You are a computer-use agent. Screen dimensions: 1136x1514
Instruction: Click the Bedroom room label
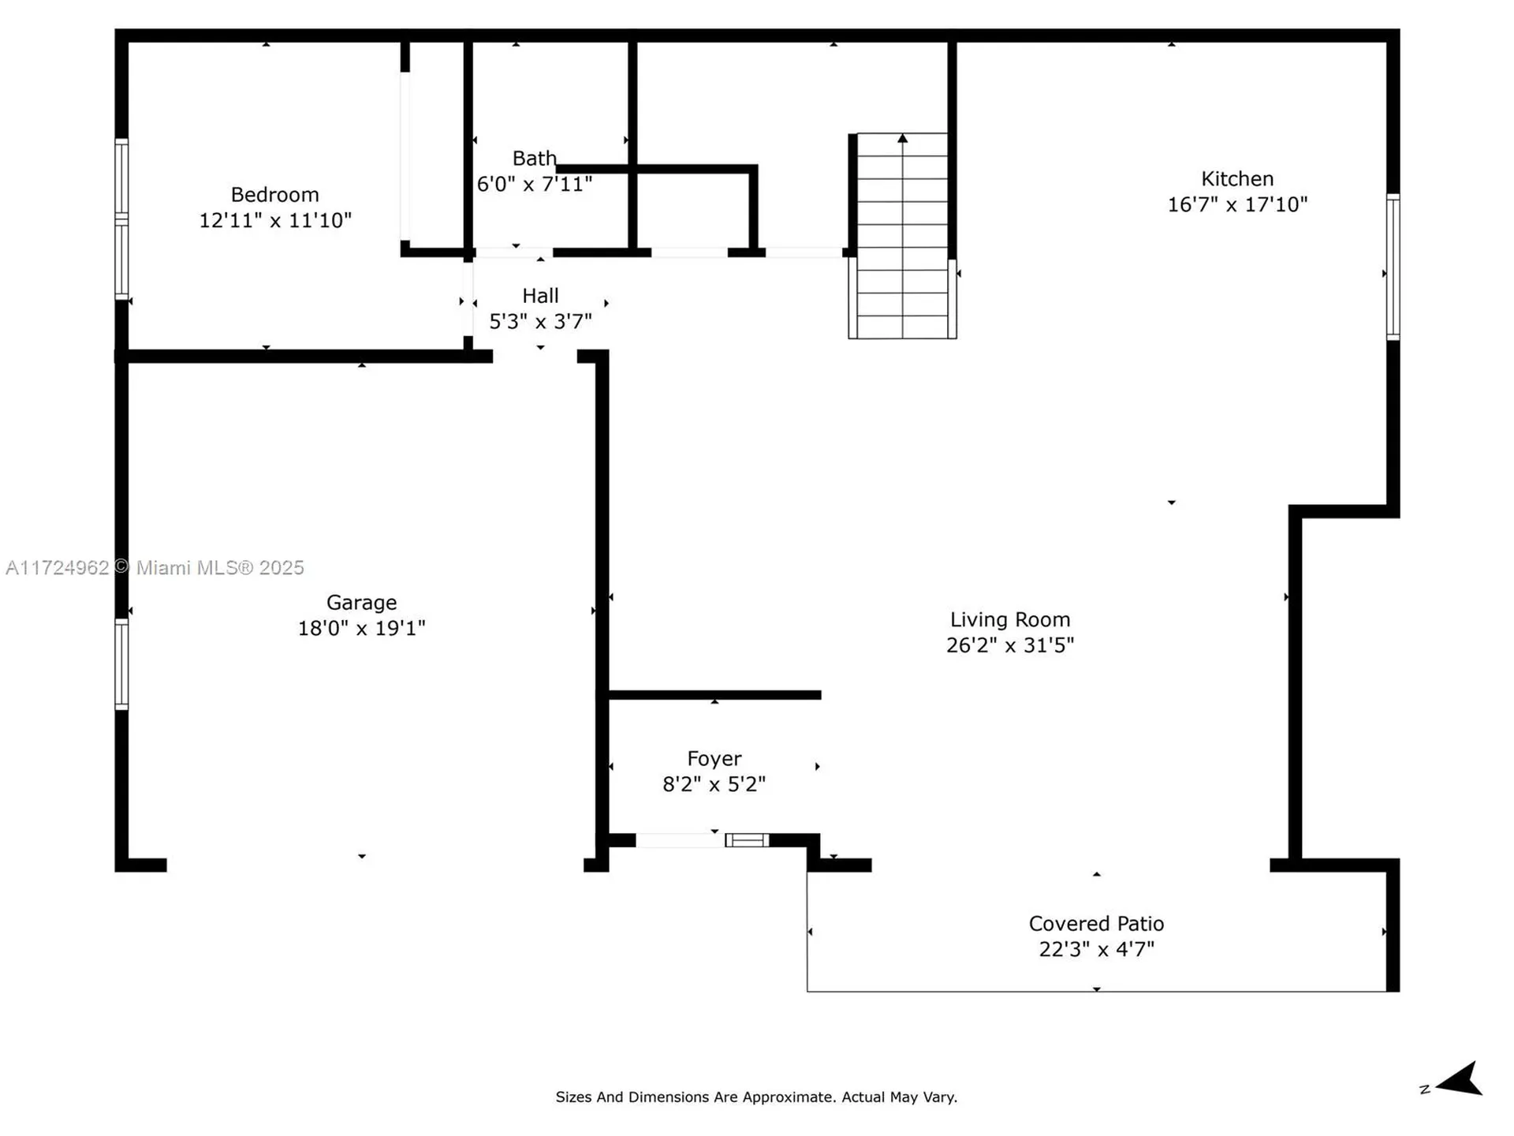point(274,195)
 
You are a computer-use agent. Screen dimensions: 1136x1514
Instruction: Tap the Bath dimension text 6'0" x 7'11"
point(534,185)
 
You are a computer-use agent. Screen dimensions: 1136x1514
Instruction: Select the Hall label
point(540,296)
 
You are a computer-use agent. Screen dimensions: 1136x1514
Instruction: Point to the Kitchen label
point(1236,179)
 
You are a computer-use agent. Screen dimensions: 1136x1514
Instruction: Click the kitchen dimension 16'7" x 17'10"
point(1236,205)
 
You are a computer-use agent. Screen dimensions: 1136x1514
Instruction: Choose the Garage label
point(361,603)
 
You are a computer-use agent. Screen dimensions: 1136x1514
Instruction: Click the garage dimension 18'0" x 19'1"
point(361,629)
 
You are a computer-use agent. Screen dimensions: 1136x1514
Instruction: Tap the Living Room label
point(1009,620)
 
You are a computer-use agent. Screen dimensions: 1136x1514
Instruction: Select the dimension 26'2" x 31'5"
point(1009,645)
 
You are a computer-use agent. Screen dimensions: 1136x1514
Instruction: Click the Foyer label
point(714,759)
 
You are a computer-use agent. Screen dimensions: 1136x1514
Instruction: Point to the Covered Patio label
point(1096,924)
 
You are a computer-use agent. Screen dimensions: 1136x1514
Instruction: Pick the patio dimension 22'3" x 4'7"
point(1096,949)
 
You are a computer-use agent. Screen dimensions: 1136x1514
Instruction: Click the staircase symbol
point(902,237)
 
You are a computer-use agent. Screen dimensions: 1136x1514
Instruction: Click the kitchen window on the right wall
point(1393,267)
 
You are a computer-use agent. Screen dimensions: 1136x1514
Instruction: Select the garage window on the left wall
point(121,664)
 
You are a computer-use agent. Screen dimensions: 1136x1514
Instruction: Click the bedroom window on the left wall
point(121,219)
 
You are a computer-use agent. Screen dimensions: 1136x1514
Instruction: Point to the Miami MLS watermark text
point(155,568)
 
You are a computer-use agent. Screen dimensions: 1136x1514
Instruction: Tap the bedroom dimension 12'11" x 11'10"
point(274,221)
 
